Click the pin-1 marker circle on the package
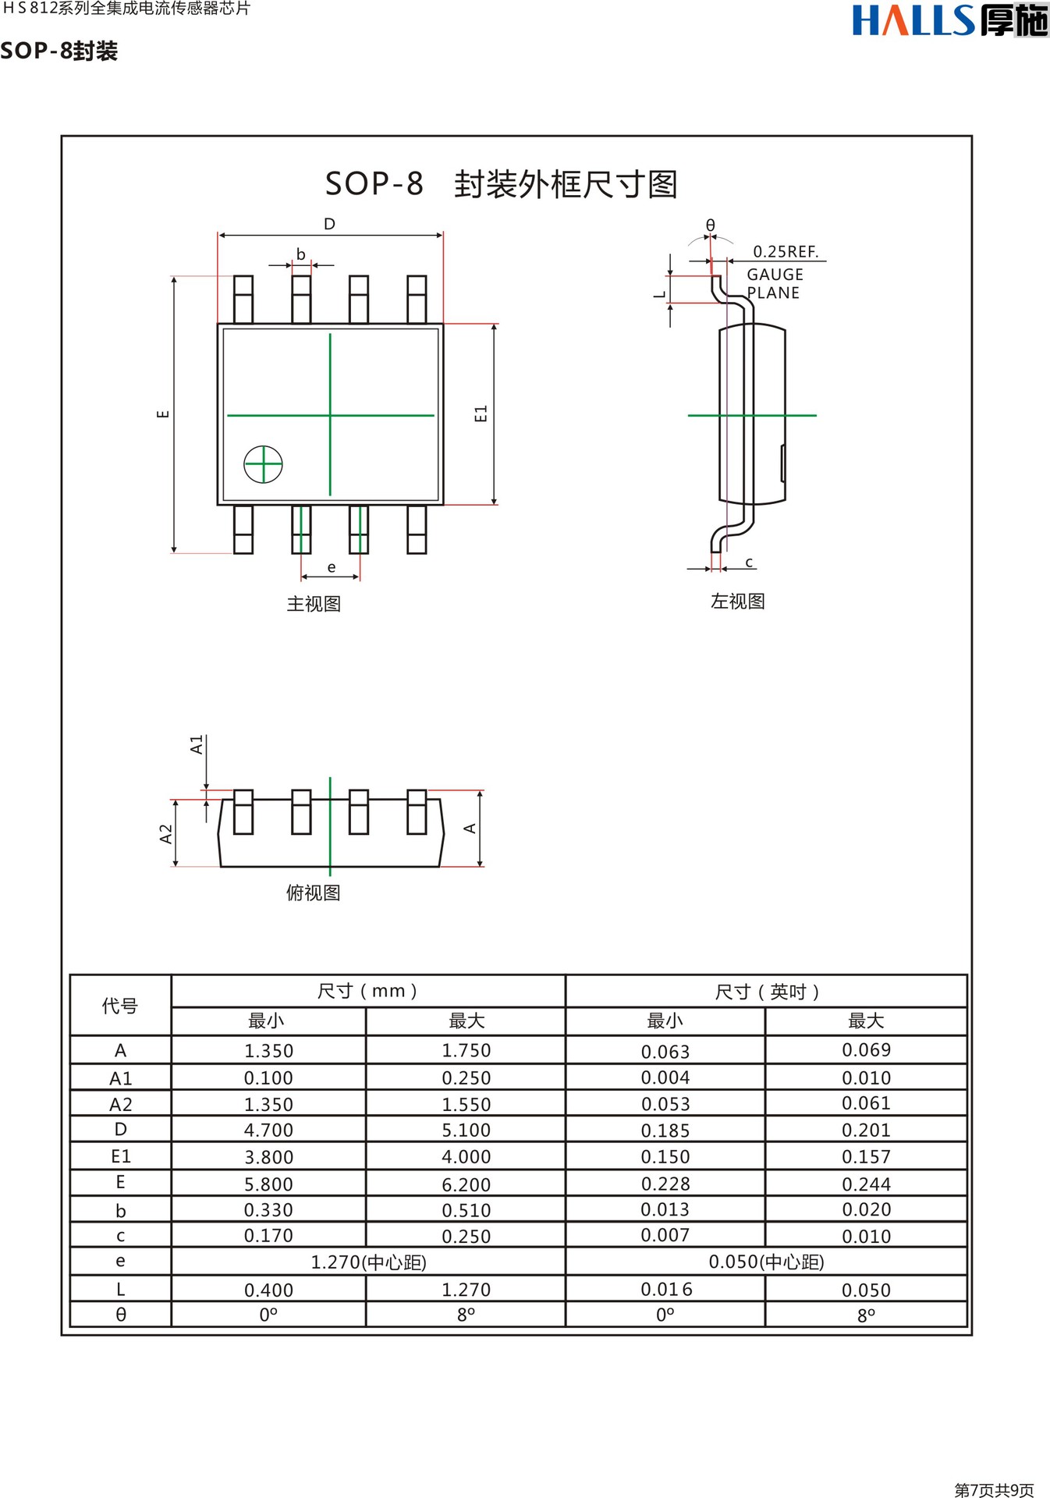pos(263,464)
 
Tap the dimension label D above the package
pos(329,224)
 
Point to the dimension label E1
pos(481,414)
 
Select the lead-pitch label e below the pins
pos(332,567)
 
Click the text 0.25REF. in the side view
pos(786,251)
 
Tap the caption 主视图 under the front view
pos(314,604)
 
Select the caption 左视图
pos(737,602)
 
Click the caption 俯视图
pos(313,893)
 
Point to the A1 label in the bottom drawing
pos(197,744)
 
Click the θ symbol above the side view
pos(710,225)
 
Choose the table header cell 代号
pos(120,1006)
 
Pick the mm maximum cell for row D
pos(466,1130)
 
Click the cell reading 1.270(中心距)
pos(368,1262)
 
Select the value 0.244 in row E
pos(866,1184)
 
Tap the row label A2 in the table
pos(121,1104)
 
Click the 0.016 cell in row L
pos(665,1289)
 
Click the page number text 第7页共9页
pos(994,1489)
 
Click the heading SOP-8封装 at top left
pos(59,51)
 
